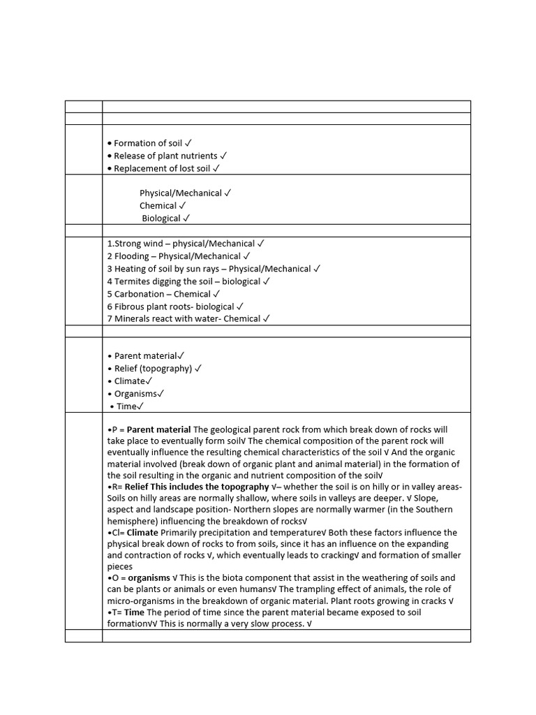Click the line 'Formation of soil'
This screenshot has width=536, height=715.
148,143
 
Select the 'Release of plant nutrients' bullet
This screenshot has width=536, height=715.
165,156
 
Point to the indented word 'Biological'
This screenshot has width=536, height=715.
161,219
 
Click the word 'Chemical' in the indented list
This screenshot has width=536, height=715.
158,206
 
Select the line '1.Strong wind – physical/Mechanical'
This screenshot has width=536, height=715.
181,244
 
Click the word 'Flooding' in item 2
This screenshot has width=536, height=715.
132,256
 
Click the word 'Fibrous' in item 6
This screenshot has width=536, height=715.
131,307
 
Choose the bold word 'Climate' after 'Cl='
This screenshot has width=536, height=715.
142,533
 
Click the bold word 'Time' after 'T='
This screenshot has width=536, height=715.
135,612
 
